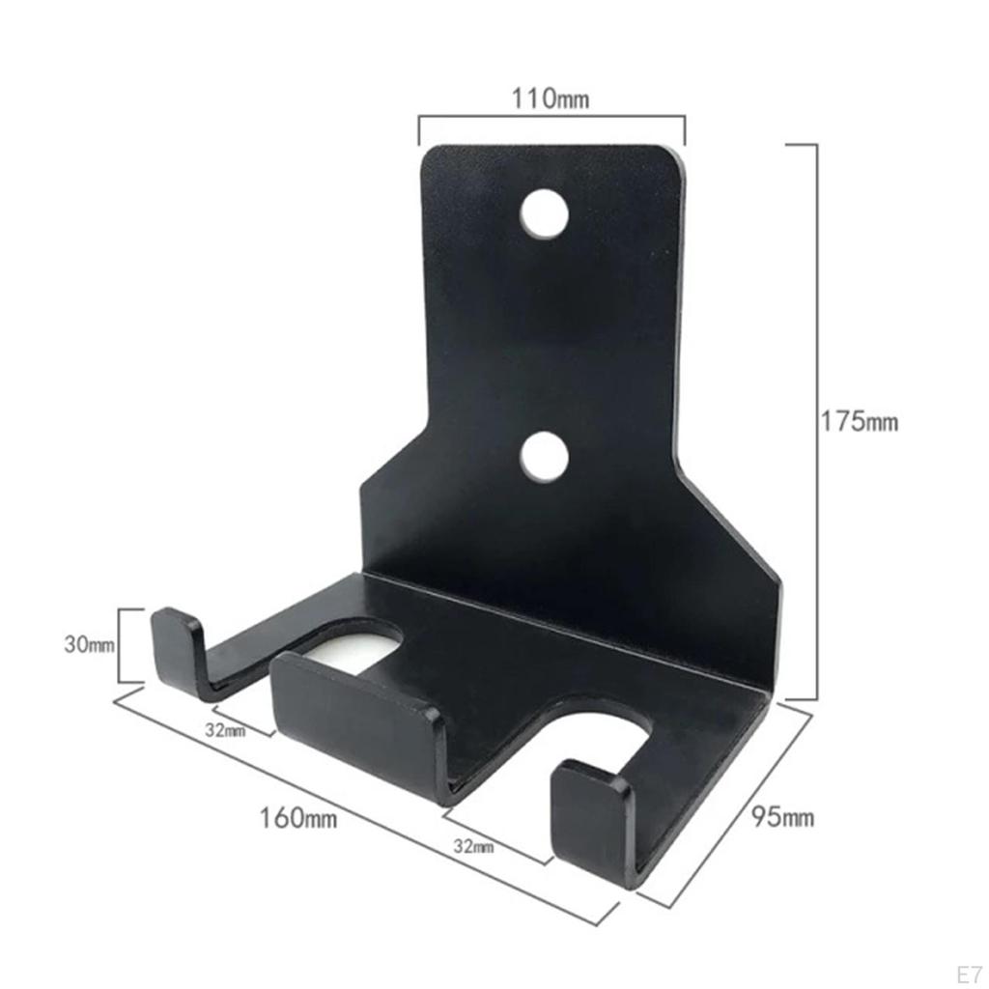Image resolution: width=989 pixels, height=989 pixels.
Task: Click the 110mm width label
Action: [551, 98]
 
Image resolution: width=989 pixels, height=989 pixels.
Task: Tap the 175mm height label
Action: [860, 422]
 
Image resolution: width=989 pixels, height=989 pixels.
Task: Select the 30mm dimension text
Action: [88, 644]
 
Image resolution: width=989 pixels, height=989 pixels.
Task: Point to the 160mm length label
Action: [298, 818]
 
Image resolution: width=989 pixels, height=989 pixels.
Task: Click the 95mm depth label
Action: [783, 818]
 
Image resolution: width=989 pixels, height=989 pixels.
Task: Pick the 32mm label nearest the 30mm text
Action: [225, 730]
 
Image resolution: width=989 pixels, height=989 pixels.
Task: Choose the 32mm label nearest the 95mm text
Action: [473, 847]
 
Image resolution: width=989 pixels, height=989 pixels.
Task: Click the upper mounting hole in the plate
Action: [543, 213]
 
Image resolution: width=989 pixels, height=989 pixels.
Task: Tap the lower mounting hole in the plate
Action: [543, 457]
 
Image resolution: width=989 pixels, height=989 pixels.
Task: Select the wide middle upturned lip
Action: [353, 715]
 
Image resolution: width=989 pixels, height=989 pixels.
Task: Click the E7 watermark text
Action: [968, 972]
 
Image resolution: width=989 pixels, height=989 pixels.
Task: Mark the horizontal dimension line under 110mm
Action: [551, 118]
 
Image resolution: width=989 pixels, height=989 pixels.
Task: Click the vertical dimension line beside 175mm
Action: [817, 422]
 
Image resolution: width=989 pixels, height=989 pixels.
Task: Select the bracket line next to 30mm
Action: [120, 645]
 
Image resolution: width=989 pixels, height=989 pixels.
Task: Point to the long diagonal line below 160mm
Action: [367, 811]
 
